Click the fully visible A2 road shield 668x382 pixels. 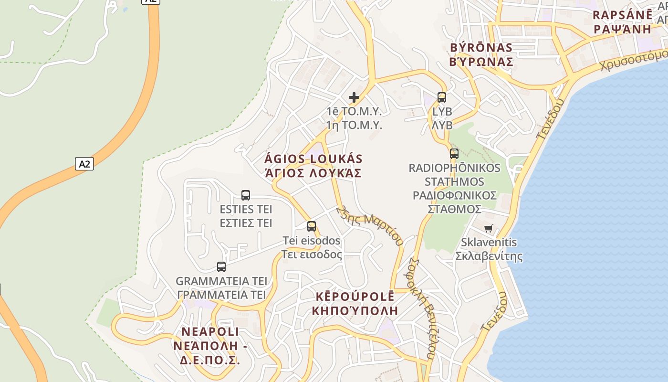tap(84, 164)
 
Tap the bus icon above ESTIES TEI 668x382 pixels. tap(246, 195)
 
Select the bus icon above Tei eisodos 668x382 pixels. tap(312, 226)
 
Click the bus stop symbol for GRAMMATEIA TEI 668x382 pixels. tap(221, 267)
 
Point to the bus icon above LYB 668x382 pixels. tap(442, 97)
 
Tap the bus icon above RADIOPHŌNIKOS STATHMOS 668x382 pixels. tap(454, 154)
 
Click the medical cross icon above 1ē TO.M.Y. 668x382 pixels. tap(354, 97)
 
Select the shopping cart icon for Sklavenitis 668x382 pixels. tap(488, 229)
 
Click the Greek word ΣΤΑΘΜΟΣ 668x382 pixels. tap(454, 209)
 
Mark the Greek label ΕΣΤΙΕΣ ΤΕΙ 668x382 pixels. tap(246, 223)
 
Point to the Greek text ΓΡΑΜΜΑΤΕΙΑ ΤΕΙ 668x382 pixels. tap(221, 295)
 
